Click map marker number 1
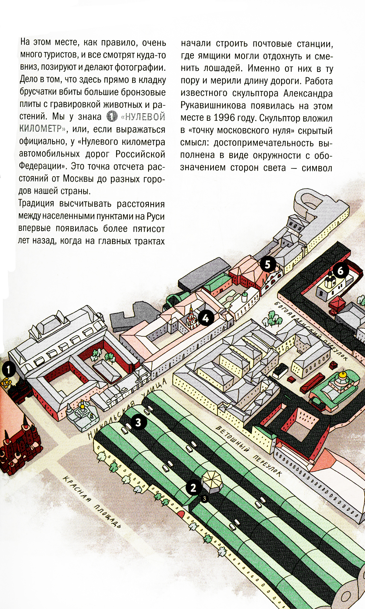[8, 369]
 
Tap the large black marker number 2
[193, 488]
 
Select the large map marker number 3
[138, 422]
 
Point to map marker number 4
[206, 318]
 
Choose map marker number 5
[268, 264]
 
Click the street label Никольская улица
[128, 408]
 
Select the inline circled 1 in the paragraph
[112, 117]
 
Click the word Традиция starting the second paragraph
[36, 203]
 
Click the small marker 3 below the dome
[204, 498]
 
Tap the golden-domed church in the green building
[342, 379]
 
